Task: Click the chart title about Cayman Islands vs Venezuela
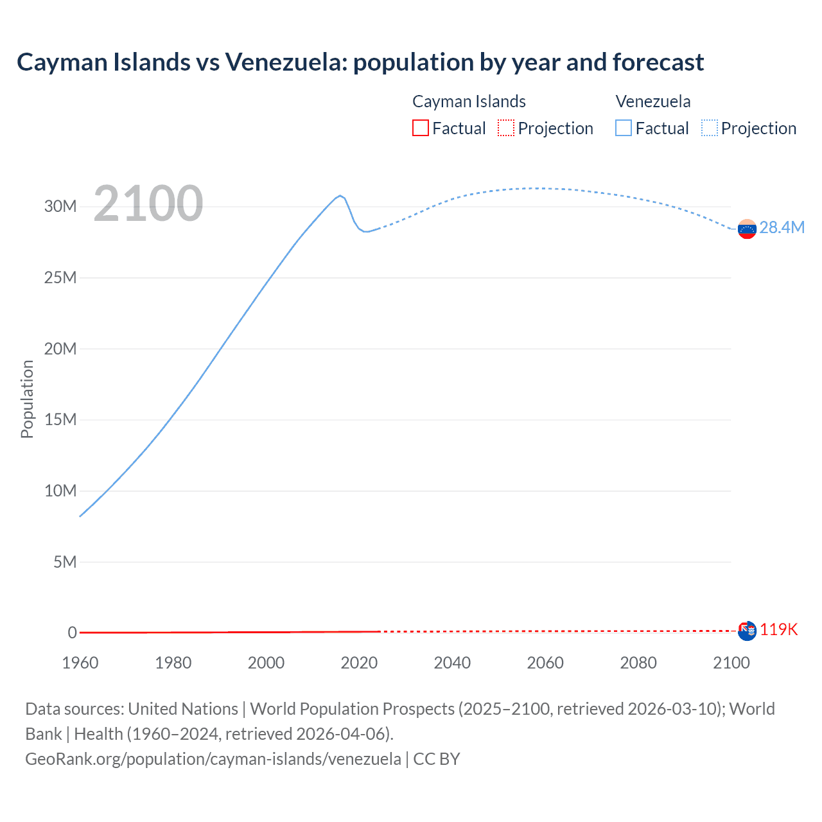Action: tap(360, 62)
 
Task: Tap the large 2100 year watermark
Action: tap(148, 204)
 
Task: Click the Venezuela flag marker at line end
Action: tap(747, 229)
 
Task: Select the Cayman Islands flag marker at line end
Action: tap(747, 631)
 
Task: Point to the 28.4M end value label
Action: tap(782, 227)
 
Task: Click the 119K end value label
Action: tap(778, 629)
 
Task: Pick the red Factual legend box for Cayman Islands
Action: tap(420, 128)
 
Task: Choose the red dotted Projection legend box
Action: tap(506, 128)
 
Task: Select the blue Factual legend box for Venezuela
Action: tap(623, 128)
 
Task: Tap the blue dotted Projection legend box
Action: tap(710, 128)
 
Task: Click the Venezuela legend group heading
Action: tap(653, 101)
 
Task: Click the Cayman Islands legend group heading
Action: tap(469, 101)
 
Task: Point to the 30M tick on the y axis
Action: tap(60, 206)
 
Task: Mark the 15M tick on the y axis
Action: tap(60, 419)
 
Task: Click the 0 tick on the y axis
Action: tap(72, 633)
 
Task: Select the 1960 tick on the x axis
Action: tap(80, 663)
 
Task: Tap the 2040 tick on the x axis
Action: tap(452, 663)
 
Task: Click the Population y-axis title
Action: tap(27, 399)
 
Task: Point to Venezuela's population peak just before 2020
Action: tap(340, 195)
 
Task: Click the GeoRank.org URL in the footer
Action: tap(213, 759)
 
